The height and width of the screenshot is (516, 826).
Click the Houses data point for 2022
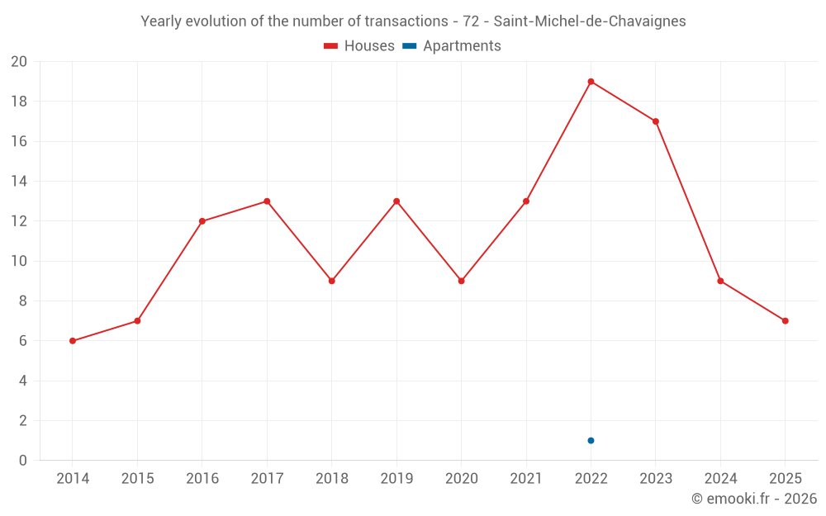point(591,82)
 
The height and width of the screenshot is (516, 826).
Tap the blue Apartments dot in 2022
point(591,440)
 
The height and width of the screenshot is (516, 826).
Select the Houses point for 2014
point(73,341)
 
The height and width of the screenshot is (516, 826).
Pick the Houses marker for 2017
point(267,201)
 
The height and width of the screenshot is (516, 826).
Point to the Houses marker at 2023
point(656,121)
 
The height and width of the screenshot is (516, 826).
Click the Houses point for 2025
point(785,321)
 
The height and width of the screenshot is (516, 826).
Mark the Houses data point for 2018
point(331,281)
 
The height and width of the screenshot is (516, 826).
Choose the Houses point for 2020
point(461,281)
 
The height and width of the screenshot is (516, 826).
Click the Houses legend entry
point(359,46)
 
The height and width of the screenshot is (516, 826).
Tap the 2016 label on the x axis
point(202,479)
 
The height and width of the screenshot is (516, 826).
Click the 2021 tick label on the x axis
point(526,479)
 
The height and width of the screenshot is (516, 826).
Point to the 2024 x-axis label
point(720,479)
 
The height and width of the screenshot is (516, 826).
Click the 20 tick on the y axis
point(19,62)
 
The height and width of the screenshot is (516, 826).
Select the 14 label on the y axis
point(19,182)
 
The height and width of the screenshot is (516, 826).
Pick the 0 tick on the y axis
point(23,461)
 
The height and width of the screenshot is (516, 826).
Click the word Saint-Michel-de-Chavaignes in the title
point(589,21)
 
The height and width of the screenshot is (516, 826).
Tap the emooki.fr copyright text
point(754,499)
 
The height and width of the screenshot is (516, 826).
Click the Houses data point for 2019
point(396,201)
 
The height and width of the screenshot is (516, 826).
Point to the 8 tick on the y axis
point(23,301)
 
